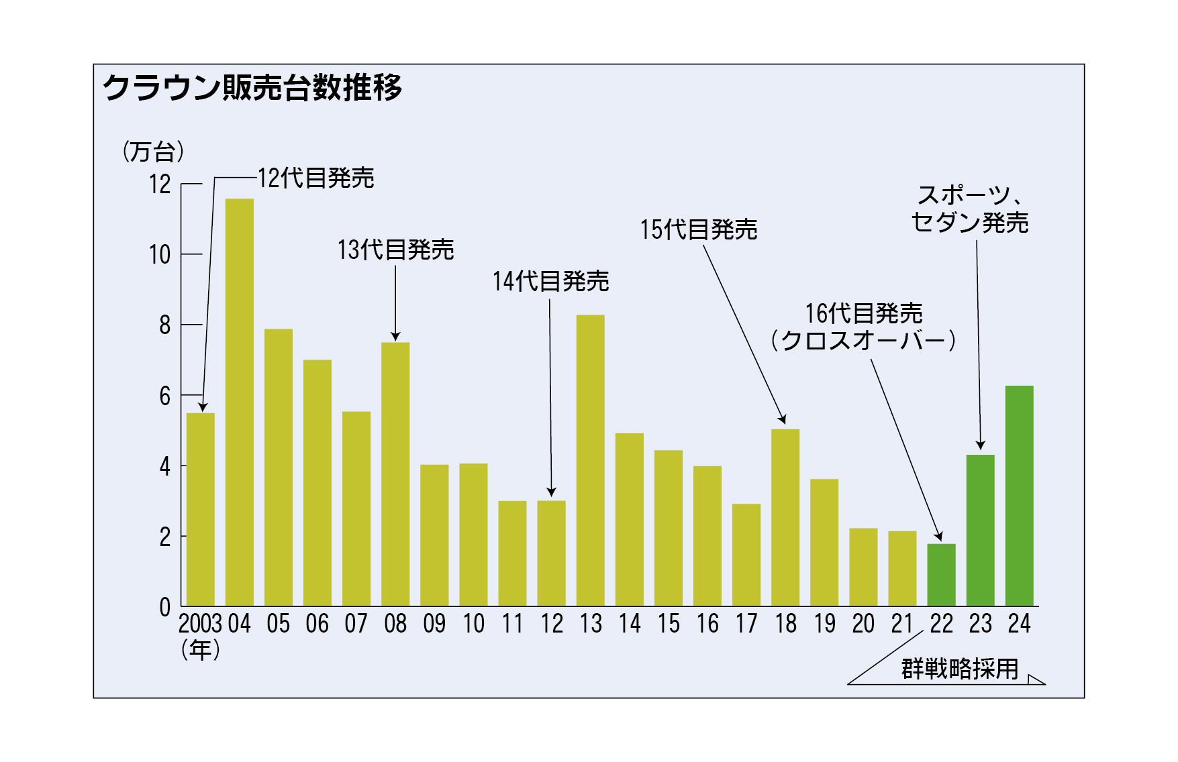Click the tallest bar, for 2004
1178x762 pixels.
pyautogui.click(x=239, y=402)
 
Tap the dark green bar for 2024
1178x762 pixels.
pyautogui.click(x=1019, y=496)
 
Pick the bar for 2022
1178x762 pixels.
pyautogui.click(x=941, y=575)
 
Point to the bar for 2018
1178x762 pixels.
pyautogui.click(x=785, y=517)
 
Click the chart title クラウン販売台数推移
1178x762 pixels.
pyautogui.click(x=252, y=88)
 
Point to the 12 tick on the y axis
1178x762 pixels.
pyautogui.click(x=160, y=184)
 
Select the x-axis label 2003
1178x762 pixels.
pyautogui.click(x=200, y=624)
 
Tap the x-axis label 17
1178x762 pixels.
pyautogui.click(x=746, y=624)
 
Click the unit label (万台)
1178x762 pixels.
pyautogui.click(x=154, y=152)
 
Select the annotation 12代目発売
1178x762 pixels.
pyautogui.click(x=316, y=178)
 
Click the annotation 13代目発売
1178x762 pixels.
pyautogui.click(x=395, y=250)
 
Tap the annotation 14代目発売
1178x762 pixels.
pyautogui.click(x=550, y=281)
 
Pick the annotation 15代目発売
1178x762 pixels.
pyautogui.click(x=699, y=230)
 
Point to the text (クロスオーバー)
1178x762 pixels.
pyautogui.click(x=863, y=341)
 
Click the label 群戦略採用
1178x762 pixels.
pyautogui.click(x=960, y=669)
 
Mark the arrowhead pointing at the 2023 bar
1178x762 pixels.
pyautogui.click(x=981, y=445)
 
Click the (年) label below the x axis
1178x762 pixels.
pyautogui.click(x=200, y=651)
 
